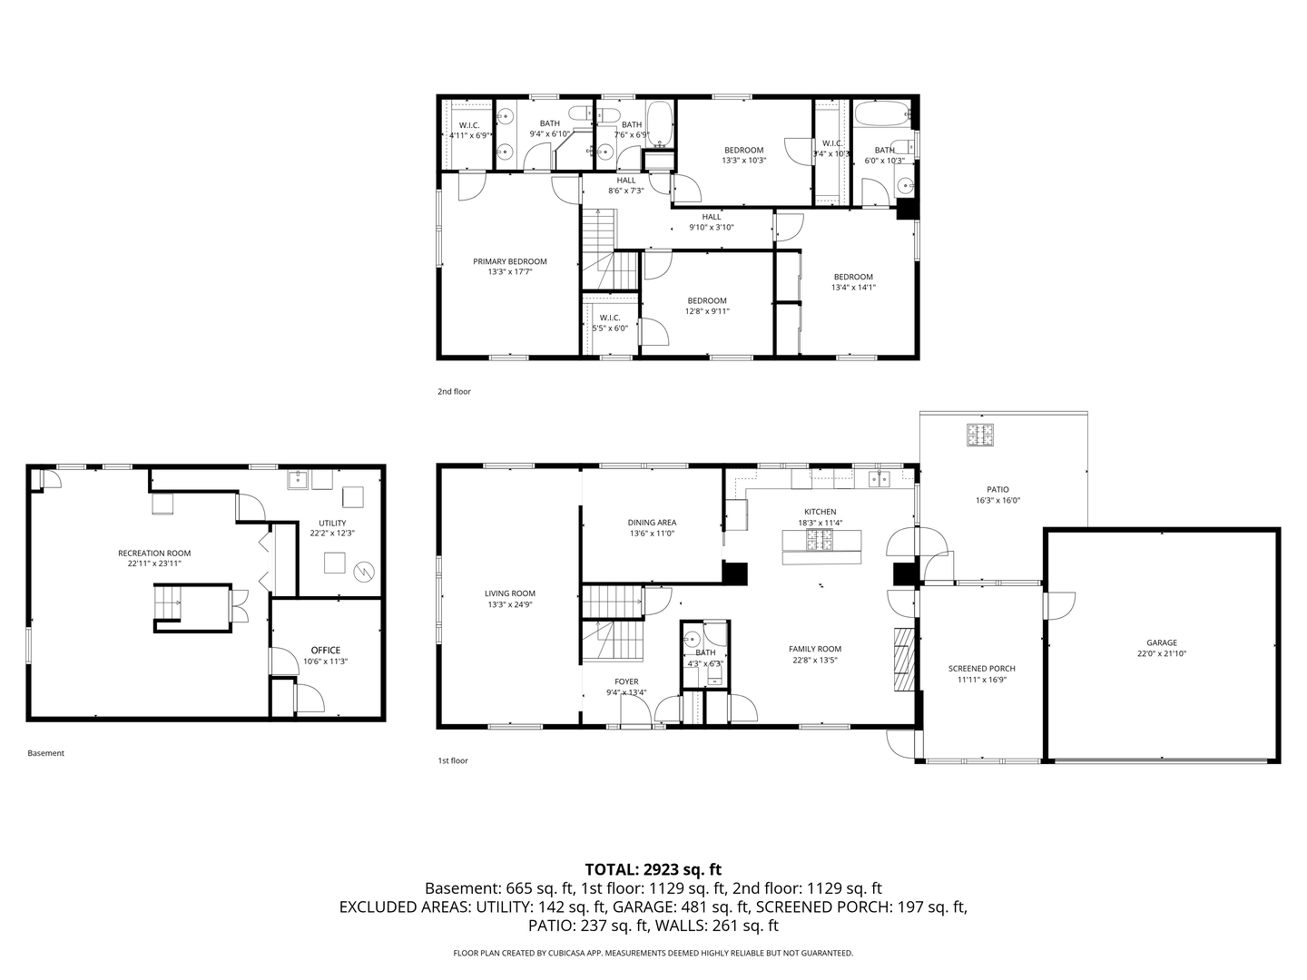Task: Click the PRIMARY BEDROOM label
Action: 509,261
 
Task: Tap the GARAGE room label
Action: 1161,642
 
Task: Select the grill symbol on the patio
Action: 979,435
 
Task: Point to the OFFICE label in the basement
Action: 326,650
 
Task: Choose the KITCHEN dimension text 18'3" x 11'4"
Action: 820,523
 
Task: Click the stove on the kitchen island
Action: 821,541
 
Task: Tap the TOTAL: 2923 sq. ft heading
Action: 653,869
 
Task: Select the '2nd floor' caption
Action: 454,392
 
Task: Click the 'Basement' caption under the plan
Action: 45,753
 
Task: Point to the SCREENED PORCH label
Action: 981,669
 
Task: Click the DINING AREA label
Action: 652,523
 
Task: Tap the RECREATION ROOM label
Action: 154,553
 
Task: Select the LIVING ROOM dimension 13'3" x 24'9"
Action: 509,604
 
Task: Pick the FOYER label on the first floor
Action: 626,681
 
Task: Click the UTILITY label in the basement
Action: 332,523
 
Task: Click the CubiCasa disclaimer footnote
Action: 653,953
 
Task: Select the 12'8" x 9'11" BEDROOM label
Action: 707,300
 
